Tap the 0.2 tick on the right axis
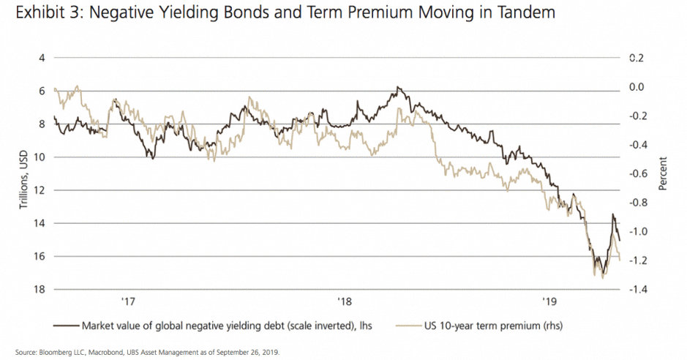point(637,58)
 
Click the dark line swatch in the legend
point(64,325)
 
